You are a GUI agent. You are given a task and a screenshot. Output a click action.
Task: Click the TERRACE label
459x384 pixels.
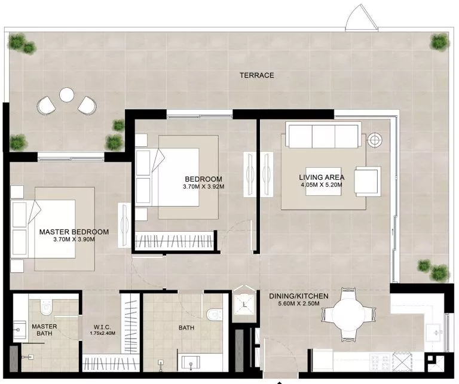coord(256,75)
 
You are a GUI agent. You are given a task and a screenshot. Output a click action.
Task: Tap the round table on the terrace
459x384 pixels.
coord(66,94)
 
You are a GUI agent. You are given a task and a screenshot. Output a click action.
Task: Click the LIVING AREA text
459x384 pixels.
coord(322,177)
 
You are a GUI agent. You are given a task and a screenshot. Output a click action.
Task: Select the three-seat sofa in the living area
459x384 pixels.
coord(323,135)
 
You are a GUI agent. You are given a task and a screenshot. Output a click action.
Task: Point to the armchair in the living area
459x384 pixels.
coord(367,181)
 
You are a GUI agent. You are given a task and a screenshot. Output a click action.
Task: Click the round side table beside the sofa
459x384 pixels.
coord(375,140)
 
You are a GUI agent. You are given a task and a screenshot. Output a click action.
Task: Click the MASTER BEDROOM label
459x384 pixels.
coord(74,232)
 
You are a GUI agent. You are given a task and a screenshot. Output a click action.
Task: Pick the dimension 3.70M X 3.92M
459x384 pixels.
coord(203,186)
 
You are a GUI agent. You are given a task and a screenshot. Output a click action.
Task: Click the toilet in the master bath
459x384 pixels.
coord(45,307)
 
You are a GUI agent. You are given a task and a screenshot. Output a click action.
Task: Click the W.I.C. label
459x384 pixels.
coord(101,327)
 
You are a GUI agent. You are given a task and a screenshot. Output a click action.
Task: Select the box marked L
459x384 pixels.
coord(244,304)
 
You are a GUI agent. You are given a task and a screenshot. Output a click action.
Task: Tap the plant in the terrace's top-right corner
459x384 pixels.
coord(439,41)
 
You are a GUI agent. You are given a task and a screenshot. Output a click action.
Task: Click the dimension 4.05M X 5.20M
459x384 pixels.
coord(322,185)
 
